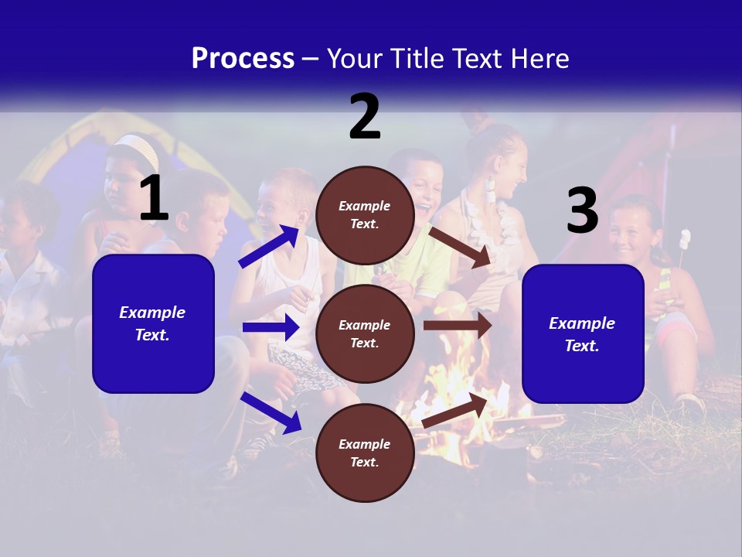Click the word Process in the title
tap(243, 58)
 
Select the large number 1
tap(154, 198)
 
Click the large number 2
tap(365, 116)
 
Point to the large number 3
tap(582, 210)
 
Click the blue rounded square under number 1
tap(153, 323)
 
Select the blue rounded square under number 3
tap(583, 333)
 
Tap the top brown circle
tap(365, 215)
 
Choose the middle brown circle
tap(365, 333)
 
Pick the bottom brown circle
tap(365, 453)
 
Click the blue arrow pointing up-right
tap(270, 246)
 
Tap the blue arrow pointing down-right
tap(271, 412)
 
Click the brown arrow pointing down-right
tap(461, 248)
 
